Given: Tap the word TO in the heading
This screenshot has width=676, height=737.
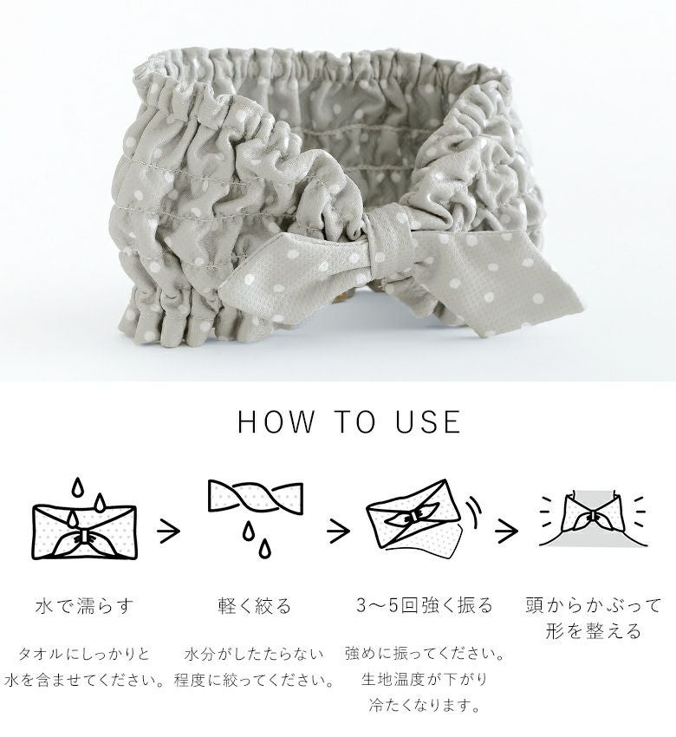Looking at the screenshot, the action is coord(355,421).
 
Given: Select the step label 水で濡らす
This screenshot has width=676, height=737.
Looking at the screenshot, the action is coord(85,606).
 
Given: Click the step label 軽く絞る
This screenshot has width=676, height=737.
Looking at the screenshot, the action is coord(255,606).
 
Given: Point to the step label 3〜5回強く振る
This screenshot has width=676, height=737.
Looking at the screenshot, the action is coord(424,605).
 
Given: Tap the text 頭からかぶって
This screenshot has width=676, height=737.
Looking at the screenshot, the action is coord(594,605).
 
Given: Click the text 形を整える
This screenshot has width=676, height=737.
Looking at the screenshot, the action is coord(594,630).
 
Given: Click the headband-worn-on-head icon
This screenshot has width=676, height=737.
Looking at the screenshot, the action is coord(594,519).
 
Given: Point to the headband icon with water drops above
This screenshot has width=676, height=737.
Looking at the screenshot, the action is coord(84,519).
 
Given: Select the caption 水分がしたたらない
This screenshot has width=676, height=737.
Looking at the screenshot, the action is coord(255,654).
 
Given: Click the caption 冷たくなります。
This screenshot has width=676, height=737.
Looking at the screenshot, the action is coord(424,706).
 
